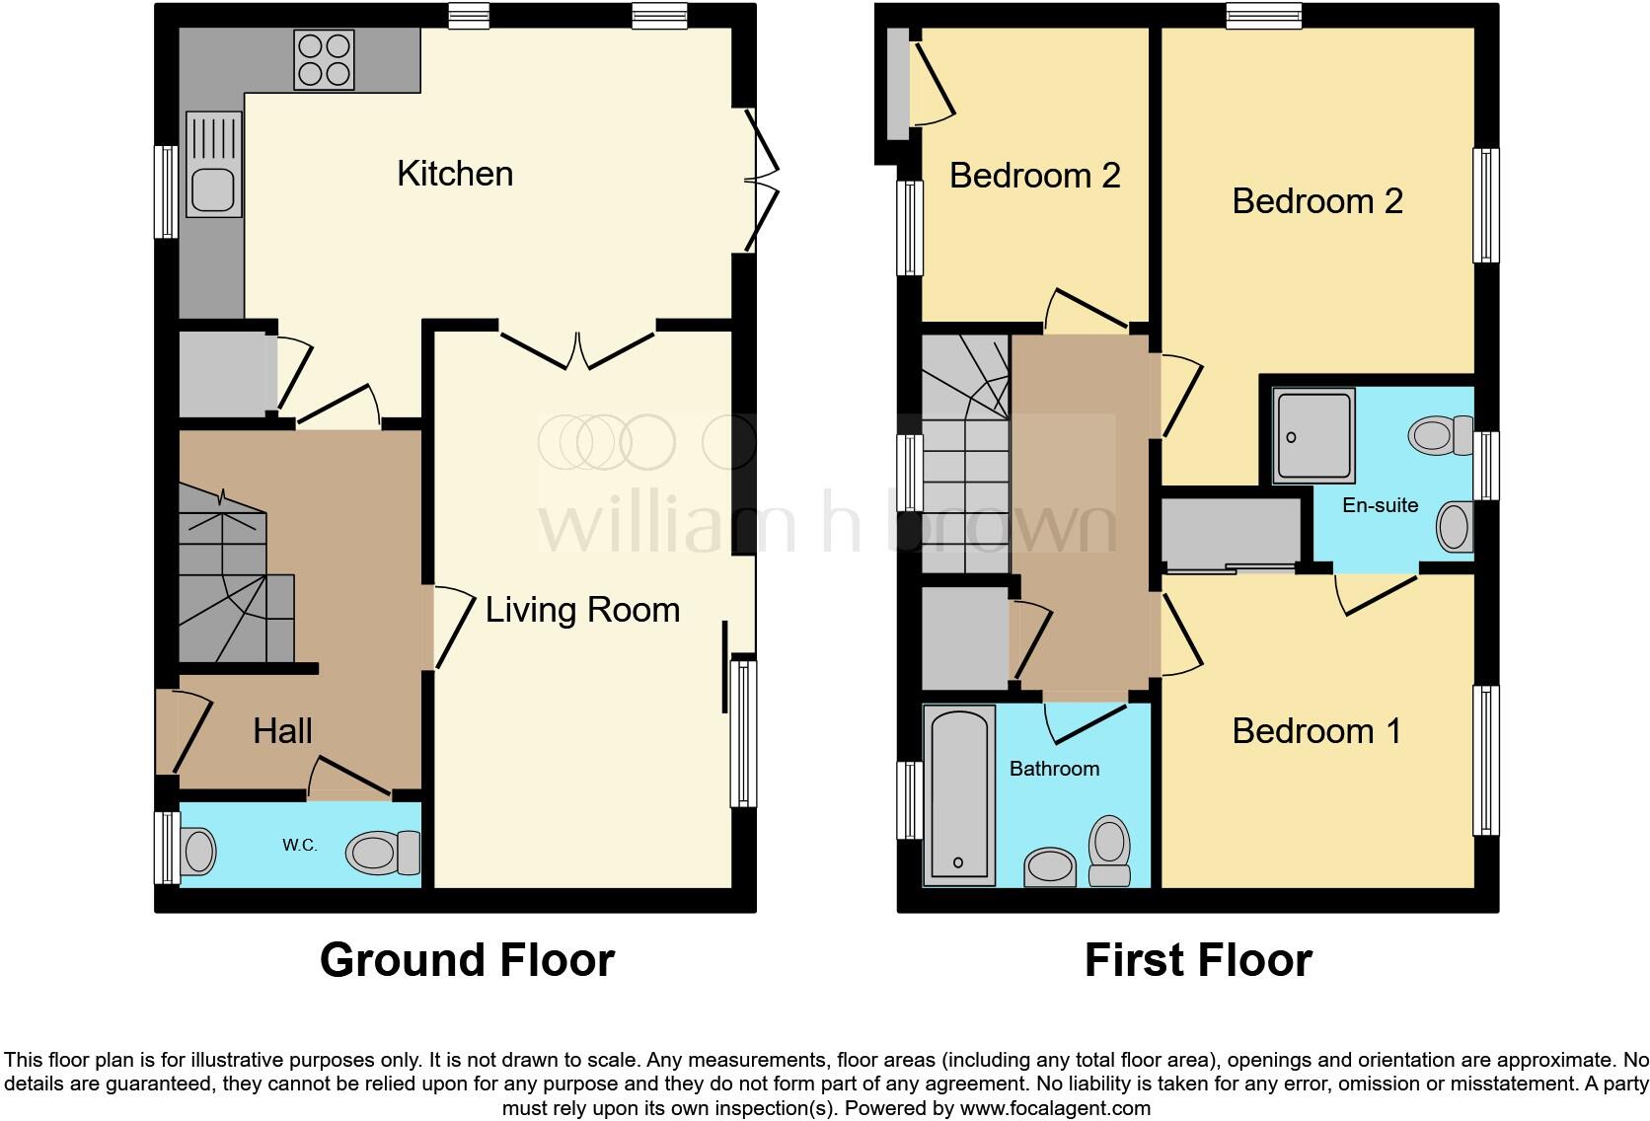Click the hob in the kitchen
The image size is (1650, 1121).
click(x=324, y=60)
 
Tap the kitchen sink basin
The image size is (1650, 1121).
click(x=212, y=189)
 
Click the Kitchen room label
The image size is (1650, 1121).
click(x=455, y=174)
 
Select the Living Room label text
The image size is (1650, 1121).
click(x=582, y=610)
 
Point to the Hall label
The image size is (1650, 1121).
click(x=282, y=731)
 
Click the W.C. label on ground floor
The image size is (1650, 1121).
click(x=299, y=846)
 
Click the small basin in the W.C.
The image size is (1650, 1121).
click(x=198, y=851)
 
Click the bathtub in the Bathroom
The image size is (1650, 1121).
click(x=958, y=794)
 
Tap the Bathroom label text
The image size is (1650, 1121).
click(x=1054, y=769)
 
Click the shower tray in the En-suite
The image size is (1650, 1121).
click(x=1312, y=435)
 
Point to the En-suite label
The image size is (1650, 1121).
click(x=1380, y=505)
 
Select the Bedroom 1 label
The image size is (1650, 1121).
click(x=1316, y=731)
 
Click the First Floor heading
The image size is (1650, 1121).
click(x=1198, y=960)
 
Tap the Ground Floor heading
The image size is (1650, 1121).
click(x=467, y=960)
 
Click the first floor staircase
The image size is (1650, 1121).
click(x=965, y=454)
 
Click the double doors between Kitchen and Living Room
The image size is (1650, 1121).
click(x=578, y=350)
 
